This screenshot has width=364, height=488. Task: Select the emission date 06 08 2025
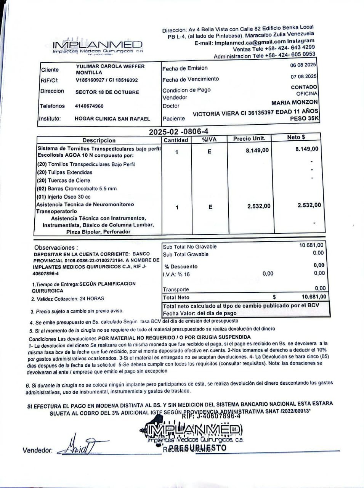click(x=303, y=65)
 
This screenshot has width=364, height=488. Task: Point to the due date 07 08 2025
click(x=303, y=77)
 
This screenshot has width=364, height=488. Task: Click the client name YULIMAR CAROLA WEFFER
click(x=110, y=66)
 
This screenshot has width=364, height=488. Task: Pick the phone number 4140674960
click(x=89, y=106)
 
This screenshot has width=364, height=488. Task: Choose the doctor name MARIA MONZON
click(x=294, y=103)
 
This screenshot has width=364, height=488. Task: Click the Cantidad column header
click(x=176, y=140)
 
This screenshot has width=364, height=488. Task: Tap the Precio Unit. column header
click(x=249, y=138)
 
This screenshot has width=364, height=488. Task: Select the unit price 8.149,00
click(x=257, y=151)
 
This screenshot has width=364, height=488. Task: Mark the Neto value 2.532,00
click(x=309, y=205)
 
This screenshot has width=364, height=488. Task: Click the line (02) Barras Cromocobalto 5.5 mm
click(x=77, y=189)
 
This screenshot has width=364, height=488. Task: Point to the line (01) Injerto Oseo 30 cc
click(x=64, y=197)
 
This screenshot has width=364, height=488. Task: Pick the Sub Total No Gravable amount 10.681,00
click(x=311, y=245)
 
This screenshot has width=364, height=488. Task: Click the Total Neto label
click(x=176, y=297)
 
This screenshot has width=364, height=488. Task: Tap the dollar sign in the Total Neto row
click(x=274, y=297)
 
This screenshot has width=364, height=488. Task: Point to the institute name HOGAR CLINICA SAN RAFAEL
click(x=112, y=119)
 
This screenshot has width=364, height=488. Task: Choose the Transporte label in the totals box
click(x=176, y=289)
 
